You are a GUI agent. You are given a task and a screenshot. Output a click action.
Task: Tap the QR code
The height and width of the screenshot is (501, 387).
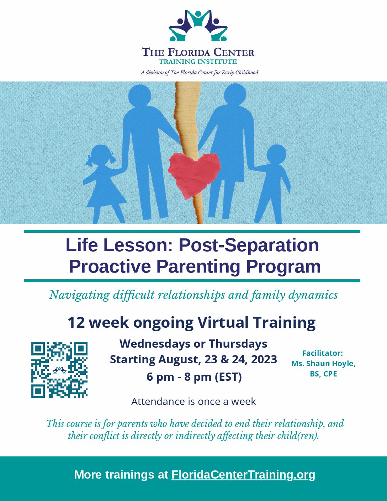click(x=59, y=370)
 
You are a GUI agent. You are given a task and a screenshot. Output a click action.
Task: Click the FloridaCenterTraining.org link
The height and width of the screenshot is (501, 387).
click(x=243, y=475)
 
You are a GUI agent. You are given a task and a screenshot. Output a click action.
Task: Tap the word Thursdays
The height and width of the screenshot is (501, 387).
click(x=238, y=344)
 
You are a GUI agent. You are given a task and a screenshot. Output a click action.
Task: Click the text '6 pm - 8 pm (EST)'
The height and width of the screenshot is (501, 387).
click(x=194, y=377)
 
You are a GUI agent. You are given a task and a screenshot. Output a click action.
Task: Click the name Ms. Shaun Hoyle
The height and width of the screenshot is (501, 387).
click(x=323, y=364)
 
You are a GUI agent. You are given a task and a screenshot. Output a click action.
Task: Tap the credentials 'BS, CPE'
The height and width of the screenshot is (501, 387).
click(x=323, y=374)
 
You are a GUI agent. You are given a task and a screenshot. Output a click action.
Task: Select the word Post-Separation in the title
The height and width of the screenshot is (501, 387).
click(x=249, y=245)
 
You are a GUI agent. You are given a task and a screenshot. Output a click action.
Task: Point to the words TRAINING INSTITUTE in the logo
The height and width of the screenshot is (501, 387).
click(x=198, y=62)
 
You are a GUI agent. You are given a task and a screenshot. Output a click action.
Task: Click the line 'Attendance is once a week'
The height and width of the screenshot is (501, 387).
click(x=193, y=401)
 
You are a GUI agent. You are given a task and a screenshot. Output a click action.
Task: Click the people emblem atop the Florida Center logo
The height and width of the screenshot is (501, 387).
click(x=198, y=26)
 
